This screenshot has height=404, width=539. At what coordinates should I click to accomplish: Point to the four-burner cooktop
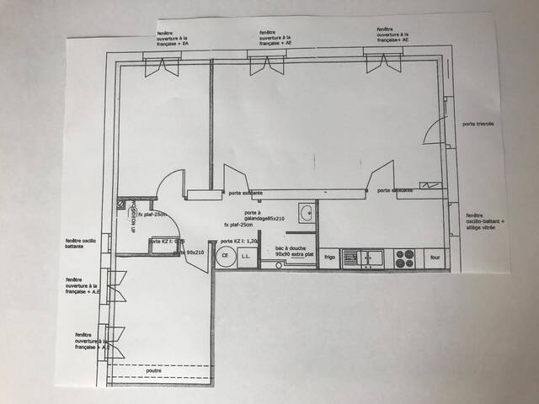[x=404, y=258]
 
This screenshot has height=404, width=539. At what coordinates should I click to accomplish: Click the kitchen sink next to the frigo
[x=361, y=258]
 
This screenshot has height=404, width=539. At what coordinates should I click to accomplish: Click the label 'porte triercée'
[x=478, y=124]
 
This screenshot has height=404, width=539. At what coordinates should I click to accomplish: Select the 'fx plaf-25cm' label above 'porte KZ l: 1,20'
[x=239, y=226]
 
